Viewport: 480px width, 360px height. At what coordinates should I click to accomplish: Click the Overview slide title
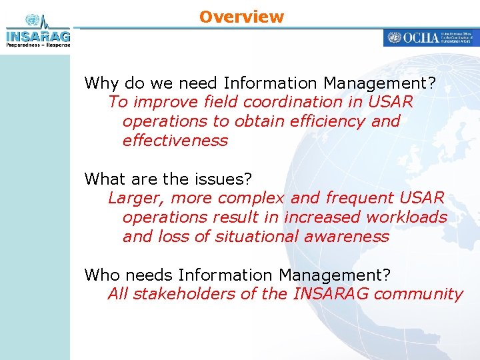point(241,17)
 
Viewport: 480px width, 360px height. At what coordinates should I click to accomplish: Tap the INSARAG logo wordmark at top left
point(37,35)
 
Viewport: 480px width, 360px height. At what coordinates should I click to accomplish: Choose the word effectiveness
point(175,141)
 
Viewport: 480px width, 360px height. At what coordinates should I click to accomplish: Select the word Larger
point(137,198)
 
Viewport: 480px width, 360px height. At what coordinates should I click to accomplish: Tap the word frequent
point(360,198)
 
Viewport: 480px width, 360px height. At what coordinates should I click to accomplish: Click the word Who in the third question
point(101,275)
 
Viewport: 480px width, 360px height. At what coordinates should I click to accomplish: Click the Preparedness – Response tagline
point(38,45)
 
